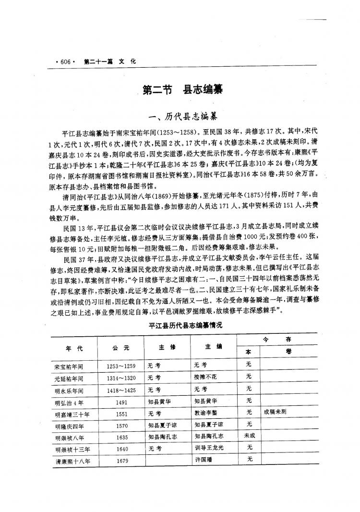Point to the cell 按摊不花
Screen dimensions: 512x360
(205, 378)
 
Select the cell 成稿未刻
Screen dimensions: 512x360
(275, 412)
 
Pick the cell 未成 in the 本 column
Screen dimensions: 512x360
(249, 436)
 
